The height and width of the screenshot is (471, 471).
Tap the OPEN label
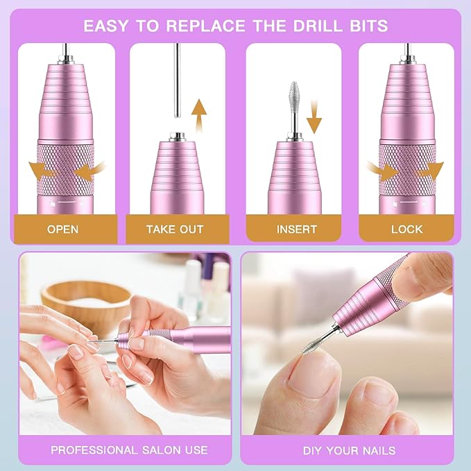coord(63,228)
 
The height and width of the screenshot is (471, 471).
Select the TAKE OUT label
coord(175,228)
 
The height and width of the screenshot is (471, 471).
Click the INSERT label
coord(296,228)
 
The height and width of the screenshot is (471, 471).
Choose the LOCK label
coord(407,228)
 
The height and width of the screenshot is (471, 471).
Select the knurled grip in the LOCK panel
coord(406,170)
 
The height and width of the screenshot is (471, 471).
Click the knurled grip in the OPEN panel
coord(65,170)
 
